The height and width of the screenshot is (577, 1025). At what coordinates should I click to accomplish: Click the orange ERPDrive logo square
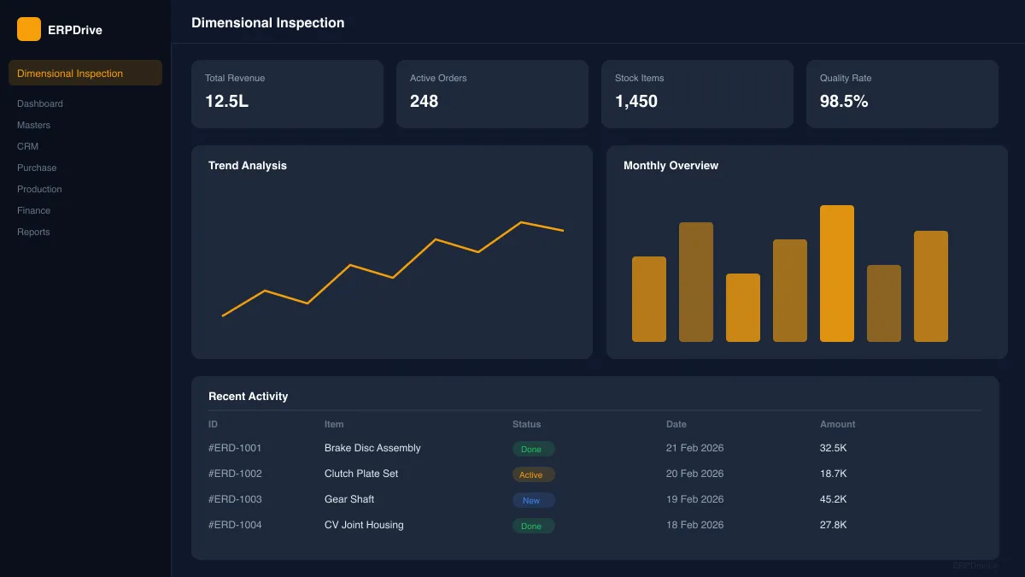pos(29,29)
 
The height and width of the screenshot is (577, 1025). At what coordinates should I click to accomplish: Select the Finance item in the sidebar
pos(33,210)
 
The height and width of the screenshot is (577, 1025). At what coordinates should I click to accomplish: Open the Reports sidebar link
pos(33,232)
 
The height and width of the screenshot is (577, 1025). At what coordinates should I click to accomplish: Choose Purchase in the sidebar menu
pos(37,168)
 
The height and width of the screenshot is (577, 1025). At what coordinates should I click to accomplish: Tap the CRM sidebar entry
pos(27,146)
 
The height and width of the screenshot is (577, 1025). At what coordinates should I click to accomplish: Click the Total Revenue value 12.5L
pos(226,101)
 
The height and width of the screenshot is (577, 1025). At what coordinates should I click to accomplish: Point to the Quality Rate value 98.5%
pos(844,101)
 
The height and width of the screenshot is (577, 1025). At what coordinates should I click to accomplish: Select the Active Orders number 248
pos(424,101)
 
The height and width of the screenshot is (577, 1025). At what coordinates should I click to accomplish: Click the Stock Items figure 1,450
pos(636,101)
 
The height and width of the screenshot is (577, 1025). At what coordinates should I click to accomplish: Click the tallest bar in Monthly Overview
pos(836,274)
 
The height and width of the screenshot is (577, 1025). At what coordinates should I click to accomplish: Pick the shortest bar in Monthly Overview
pos(742,308)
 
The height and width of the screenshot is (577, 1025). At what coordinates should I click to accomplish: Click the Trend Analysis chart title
pos(248,166)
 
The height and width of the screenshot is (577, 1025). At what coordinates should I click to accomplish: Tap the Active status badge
pos(533,474)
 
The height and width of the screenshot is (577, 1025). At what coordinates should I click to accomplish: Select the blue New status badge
pos(533,500)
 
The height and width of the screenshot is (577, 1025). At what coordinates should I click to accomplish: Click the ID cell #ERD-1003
pos(235,499)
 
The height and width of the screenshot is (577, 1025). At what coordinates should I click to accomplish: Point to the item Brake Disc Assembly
pos(372,448)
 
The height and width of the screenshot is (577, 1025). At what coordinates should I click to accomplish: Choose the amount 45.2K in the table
pos(833,499)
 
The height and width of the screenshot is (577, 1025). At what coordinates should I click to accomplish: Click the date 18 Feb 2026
pos(694,525)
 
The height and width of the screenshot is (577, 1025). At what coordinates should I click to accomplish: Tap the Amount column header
pos(837,424)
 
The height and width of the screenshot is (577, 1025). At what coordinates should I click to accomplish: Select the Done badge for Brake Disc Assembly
pos(533,449)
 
